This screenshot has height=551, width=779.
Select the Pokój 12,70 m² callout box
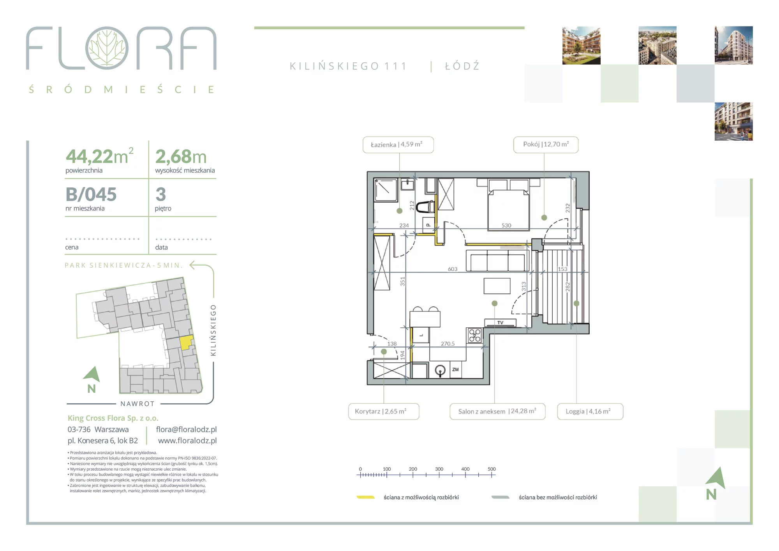(546, 145)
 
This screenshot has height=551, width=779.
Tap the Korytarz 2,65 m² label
(384, 411)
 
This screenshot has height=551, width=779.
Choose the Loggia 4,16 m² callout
(590, 411)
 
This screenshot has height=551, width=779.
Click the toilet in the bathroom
(425, 207)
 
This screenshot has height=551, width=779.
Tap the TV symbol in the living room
(501, 323)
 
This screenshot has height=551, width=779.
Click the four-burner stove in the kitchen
(474, 336)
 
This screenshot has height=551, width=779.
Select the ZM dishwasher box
(456, 369)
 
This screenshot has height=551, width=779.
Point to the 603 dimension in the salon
(453, 269)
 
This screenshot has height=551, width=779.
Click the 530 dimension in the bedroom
(506, 225)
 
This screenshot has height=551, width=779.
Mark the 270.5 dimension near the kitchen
(448, 344)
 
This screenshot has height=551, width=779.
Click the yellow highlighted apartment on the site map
(187, 343)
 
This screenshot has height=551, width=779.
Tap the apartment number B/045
(91, 194)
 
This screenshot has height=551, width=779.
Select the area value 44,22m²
(100, 156)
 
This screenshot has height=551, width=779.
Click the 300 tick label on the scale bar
(439, 469)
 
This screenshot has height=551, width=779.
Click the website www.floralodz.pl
(187, 441)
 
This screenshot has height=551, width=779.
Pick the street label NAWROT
(137, 404)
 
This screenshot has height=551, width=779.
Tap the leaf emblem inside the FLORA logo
(107, 48)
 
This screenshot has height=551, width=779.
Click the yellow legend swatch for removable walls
(366, 497)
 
